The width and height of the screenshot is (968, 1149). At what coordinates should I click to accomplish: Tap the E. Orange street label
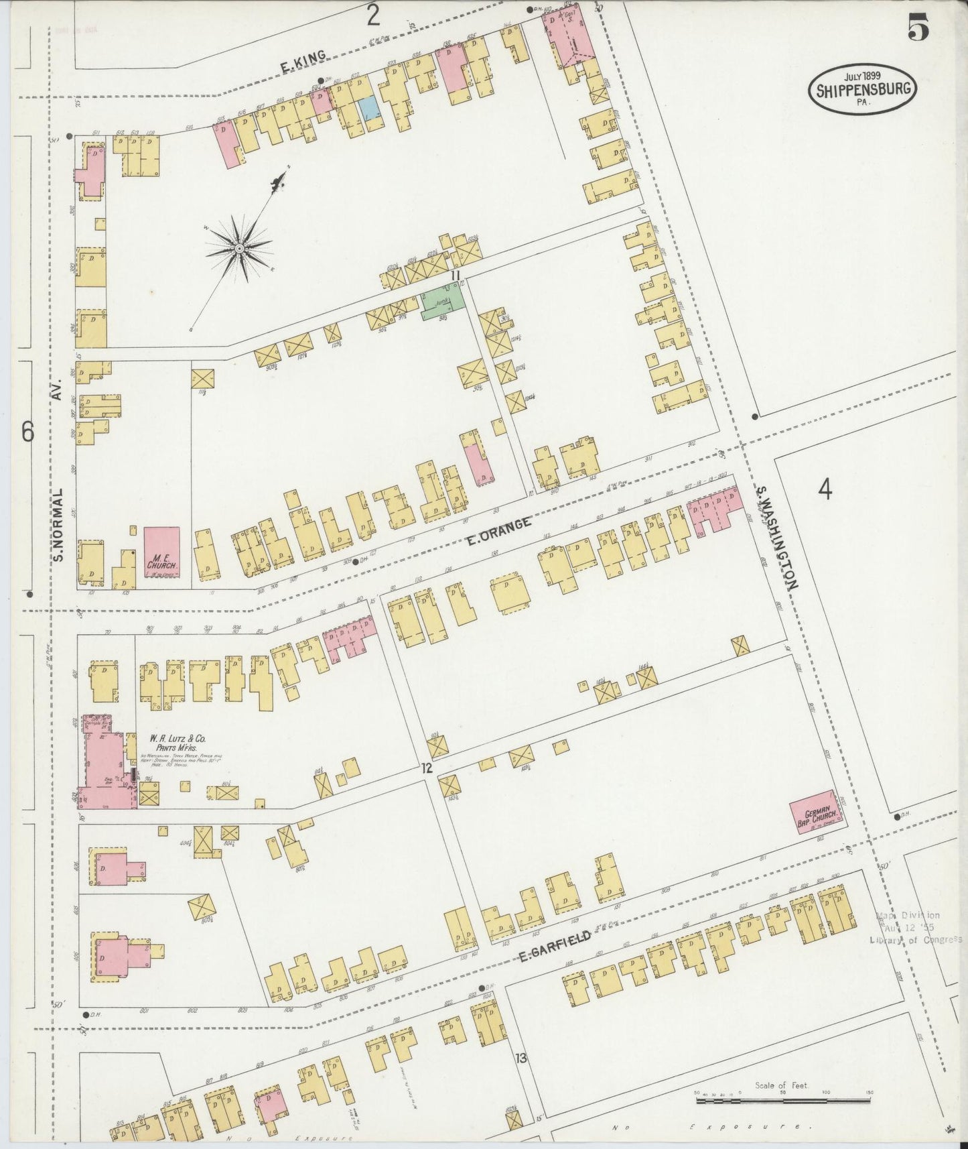pyautogui.click(x=499, y=530)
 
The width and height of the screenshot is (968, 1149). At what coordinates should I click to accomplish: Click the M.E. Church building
pyautogui.click(x=162, y=552)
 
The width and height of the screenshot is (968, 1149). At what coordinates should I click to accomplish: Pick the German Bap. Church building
pyautogui.click(x=815, y=812)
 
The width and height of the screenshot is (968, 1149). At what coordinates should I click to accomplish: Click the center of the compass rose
pyautogui.click(x=239, y=249)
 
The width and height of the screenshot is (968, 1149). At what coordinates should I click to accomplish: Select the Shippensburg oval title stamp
pyautogui.click(x=862, y=88)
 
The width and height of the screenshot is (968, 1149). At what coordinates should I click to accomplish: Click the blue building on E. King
pyautogui.click(x=368, y=107)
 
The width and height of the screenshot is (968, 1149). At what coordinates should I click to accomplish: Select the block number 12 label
pyautogui.click(x=426, y=768)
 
